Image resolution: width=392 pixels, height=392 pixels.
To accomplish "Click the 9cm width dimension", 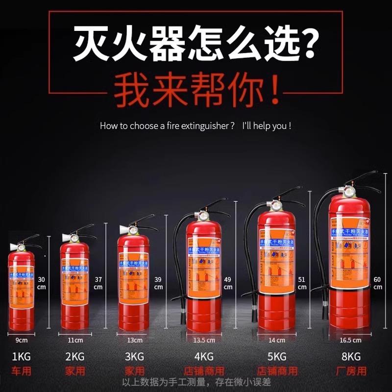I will pos(22,340).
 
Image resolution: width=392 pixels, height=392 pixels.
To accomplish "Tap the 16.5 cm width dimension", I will pos(350,340).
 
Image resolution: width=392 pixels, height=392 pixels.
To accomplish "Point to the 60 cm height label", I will pos(377,283).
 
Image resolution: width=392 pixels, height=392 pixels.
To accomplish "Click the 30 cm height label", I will pos(42,283).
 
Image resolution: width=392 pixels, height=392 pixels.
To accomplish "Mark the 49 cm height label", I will pos(228,283).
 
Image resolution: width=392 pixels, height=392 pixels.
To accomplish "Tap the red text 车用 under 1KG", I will pos(22,371).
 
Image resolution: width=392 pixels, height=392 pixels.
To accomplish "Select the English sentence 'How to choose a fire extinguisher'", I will pos(167,126).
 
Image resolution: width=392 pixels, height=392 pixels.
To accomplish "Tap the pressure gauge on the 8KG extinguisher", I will pos(349,192).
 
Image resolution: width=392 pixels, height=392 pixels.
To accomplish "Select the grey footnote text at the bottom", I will pos(196,382).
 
